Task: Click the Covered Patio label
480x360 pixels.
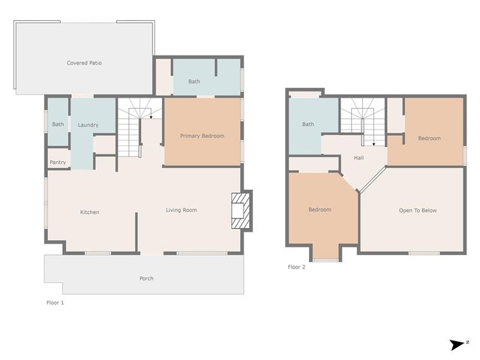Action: (84, 63)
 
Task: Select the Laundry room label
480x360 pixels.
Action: (88, 124)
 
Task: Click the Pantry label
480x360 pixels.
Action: (58, 162)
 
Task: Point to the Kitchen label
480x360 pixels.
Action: (90, 212)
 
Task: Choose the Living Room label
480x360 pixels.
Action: (181, 210)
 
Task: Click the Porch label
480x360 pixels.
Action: (146, 278)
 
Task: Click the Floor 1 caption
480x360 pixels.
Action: (55, 302)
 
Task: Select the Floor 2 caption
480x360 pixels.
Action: (297, 266)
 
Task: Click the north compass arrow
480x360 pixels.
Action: (457, 344)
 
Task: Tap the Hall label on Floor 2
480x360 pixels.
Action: (359, 157)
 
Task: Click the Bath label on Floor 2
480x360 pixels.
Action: (307, 124)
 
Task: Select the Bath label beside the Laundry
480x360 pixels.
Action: (58, 124)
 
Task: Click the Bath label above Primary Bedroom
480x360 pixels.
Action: (194, 82)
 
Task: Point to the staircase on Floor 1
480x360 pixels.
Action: (135, 127)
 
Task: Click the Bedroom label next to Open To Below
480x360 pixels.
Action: (429, 138)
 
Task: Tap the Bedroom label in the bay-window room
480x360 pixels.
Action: (319, 209)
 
